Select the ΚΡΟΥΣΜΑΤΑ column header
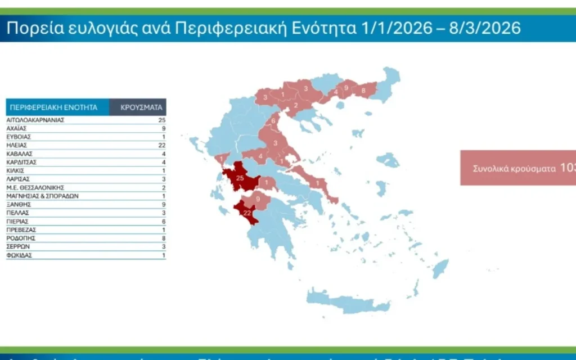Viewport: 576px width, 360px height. (141, 107)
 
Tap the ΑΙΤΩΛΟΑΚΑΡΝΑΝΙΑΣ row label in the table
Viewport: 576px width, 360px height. (35, 120)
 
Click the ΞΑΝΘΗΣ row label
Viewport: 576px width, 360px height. (18, 205)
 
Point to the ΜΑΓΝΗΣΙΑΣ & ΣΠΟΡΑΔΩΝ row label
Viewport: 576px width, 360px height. (42, 196)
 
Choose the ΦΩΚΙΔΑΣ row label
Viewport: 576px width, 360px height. (19, 255)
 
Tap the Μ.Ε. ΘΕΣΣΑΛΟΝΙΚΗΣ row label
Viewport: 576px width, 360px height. (35, 187)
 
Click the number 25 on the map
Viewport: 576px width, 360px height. (240, 178)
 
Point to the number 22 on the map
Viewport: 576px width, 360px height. (246, 213)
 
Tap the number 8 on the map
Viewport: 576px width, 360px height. (363, 90)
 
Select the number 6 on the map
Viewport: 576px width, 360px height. (273, 121)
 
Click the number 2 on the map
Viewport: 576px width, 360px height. (296, 105)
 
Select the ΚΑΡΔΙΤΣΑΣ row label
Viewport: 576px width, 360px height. (21, 162)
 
